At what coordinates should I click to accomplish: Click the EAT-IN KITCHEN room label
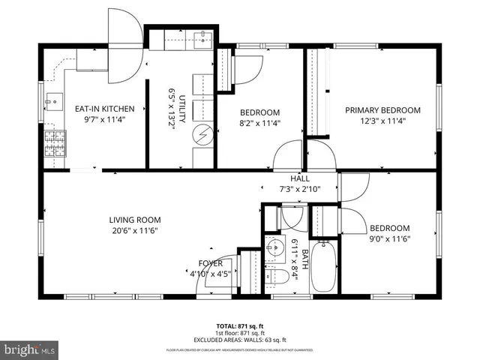pos(104,109)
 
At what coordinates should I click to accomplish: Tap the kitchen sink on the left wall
pos(52,99)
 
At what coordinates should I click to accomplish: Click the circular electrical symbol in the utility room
pos(202,135)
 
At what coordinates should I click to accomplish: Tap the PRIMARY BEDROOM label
pos(382,110)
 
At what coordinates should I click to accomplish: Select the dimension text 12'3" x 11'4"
pos(382,120)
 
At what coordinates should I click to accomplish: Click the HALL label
pos(300,178)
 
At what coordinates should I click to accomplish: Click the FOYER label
pos(210,263)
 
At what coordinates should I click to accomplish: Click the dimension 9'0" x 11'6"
pos(389,239)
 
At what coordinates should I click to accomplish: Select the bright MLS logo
pos(29,349)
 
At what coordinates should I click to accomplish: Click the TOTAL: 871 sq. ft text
pos(240,326)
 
